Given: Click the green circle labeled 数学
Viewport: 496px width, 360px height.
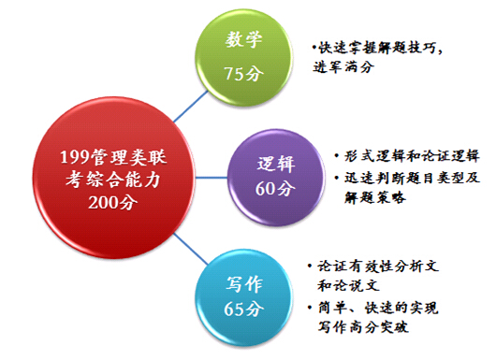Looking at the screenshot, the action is [243, 59].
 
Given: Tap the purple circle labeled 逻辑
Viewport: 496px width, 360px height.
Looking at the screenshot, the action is [276, 178].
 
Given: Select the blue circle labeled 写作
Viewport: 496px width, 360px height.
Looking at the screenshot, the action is [243, 297].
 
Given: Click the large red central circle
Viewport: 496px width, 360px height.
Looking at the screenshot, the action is [114, 178].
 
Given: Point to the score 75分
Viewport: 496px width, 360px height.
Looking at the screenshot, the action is [244, 74].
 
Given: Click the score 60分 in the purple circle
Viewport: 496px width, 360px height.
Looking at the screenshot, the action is [275, 188].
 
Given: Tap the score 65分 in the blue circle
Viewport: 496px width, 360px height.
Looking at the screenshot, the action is [243, 309].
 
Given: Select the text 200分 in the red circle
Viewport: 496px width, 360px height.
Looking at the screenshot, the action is [113, 202].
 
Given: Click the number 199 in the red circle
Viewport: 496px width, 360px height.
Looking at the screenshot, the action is [72, 157].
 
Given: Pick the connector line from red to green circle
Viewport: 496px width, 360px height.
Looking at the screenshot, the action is [191, 107].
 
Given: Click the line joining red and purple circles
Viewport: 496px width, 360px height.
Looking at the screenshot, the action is [212, 178].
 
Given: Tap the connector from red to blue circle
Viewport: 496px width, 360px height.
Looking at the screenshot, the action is [191, 249].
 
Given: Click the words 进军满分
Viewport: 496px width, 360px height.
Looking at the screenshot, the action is [343, 67].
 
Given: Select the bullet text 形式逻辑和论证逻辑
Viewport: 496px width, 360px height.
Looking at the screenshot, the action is [412, 156].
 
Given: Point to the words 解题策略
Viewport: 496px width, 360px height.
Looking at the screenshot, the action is [375, 197].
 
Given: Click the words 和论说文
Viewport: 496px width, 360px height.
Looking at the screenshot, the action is [348, 285].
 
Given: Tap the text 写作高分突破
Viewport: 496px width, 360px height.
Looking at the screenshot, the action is [363, 327].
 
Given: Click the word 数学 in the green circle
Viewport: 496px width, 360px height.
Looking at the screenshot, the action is [244, 39].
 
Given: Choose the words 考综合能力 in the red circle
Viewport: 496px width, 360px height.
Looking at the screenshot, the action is [113, 180].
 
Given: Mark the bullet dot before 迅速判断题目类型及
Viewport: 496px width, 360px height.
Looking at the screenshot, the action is [337, 178].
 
